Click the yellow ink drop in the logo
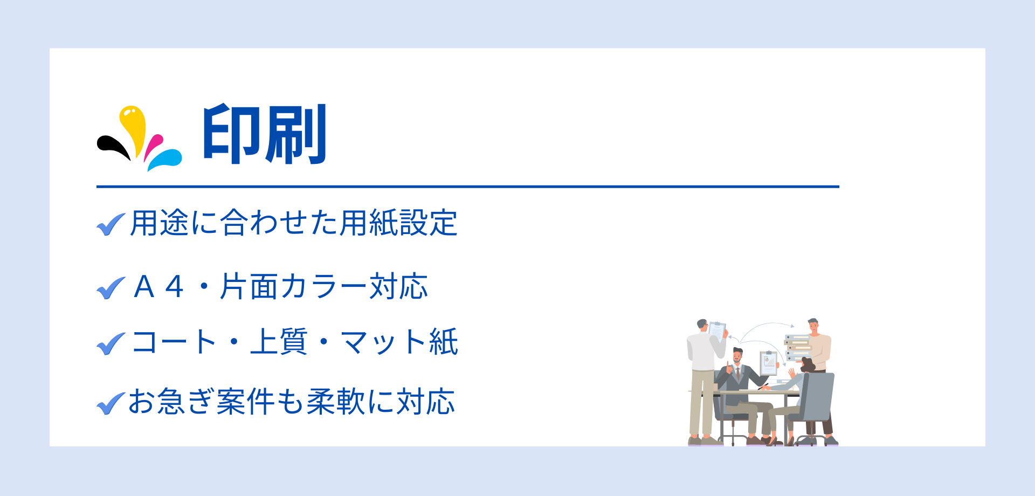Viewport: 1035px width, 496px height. (133, 127)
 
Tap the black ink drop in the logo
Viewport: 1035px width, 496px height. (114, 146)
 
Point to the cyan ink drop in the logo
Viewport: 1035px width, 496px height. (164, 160)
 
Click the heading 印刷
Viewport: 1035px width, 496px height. (265, 134)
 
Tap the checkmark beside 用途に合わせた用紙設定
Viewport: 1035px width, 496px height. (111, 224)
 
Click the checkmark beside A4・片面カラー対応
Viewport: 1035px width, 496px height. (111, 287)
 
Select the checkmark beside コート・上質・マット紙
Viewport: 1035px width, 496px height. (111, 343)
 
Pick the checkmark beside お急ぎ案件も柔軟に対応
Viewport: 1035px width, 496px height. (111, 403)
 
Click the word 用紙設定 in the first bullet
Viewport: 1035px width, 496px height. (398, 223)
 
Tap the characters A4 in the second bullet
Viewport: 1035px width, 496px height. (159, 287)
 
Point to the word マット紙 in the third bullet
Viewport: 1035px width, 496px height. (399, 342)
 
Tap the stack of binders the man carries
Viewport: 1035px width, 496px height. (798, 348)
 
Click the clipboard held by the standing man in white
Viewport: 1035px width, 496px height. (717, 330)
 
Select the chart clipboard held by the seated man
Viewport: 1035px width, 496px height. (768, 363)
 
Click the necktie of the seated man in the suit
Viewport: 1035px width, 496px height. (738, 373)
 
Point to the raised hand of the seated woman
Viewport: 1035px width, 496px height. (791, 372)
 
